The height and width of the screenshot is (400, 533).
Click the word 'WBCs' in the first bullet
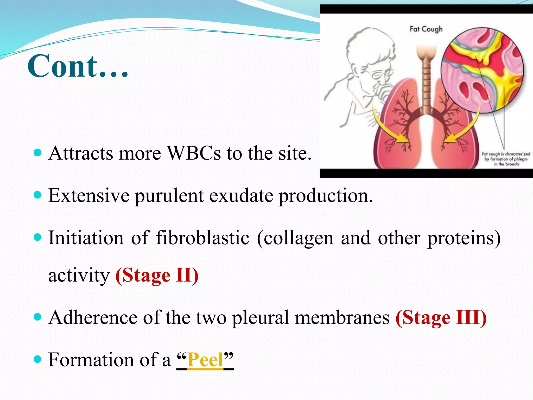(x=194, y=153)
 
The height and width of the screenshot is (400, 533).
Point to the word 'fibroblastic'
(x=202, y=238)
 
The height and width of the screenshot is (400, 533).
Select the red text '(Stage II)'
(x=157, y=275)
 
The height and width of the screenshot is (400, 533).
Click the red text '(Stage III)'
(x=441, y=318)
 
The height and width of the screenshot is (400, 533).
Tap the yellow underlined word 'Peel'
(x=205, y=360)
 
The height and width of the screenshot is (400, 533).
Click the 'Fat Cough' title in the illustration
(x=426, y=29)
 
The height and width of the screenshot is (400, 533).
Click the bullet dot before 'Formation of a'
(x=38, y=360)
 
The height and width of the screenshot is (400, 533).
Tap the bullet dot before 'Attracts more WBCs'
(x=38, y=152)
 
